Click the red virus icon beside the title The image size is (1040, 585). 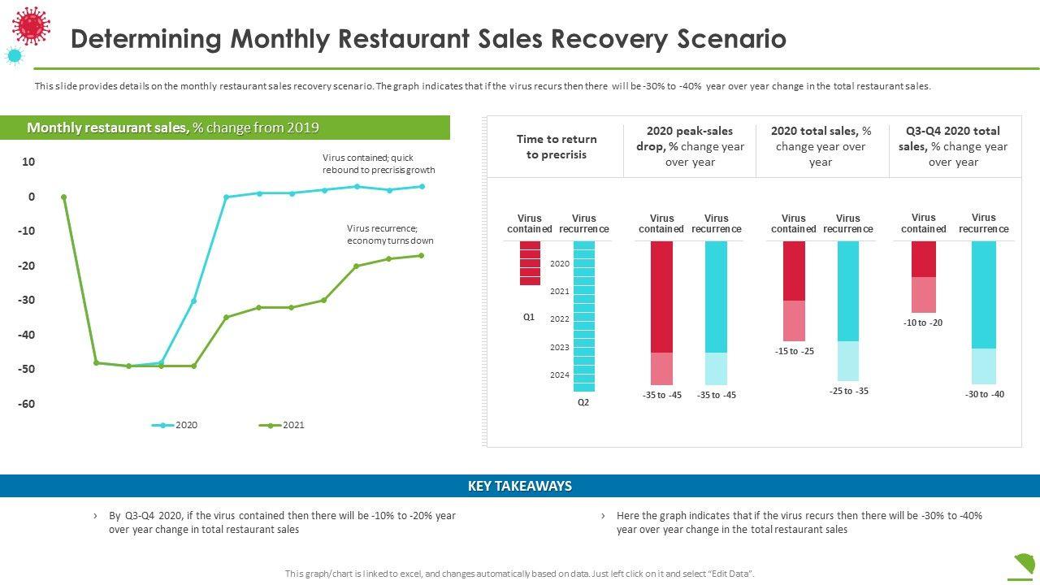click(x=31, y=25)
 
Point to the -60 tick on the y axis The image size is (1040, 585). click(x=28, y=404)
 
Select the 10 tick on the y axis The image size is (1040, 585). click(x=28, y=162)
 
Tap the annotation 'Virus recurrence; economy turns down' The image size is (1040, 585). click(x=390, y=235)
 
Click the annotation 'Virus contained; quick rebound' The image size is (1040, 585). click(x=379, y=164)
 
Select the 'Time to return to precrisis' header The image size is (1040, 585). click(x=557, y=146)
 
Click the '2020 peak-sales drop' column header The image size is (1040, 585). click(x=690, y=146)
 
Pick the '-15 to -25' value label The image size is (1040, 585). click(x=794, y=351)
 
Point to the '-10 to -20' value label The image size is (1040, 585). click(x=922, y=323)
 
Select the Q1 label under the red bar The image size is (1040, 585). click(x=529, y=317)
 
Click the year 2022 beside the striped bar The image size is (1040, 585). click(x=560, y=319)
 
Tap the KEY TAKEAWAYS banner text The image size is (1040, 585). click(x=520, y=486)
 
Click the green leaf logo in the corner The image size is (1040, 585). click(x=1025, y=563)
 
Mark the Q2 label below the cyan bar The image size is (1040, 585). click(x=583, y=402)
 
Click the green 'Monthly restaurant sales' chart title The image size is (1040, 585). click(x=173, y=128)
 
